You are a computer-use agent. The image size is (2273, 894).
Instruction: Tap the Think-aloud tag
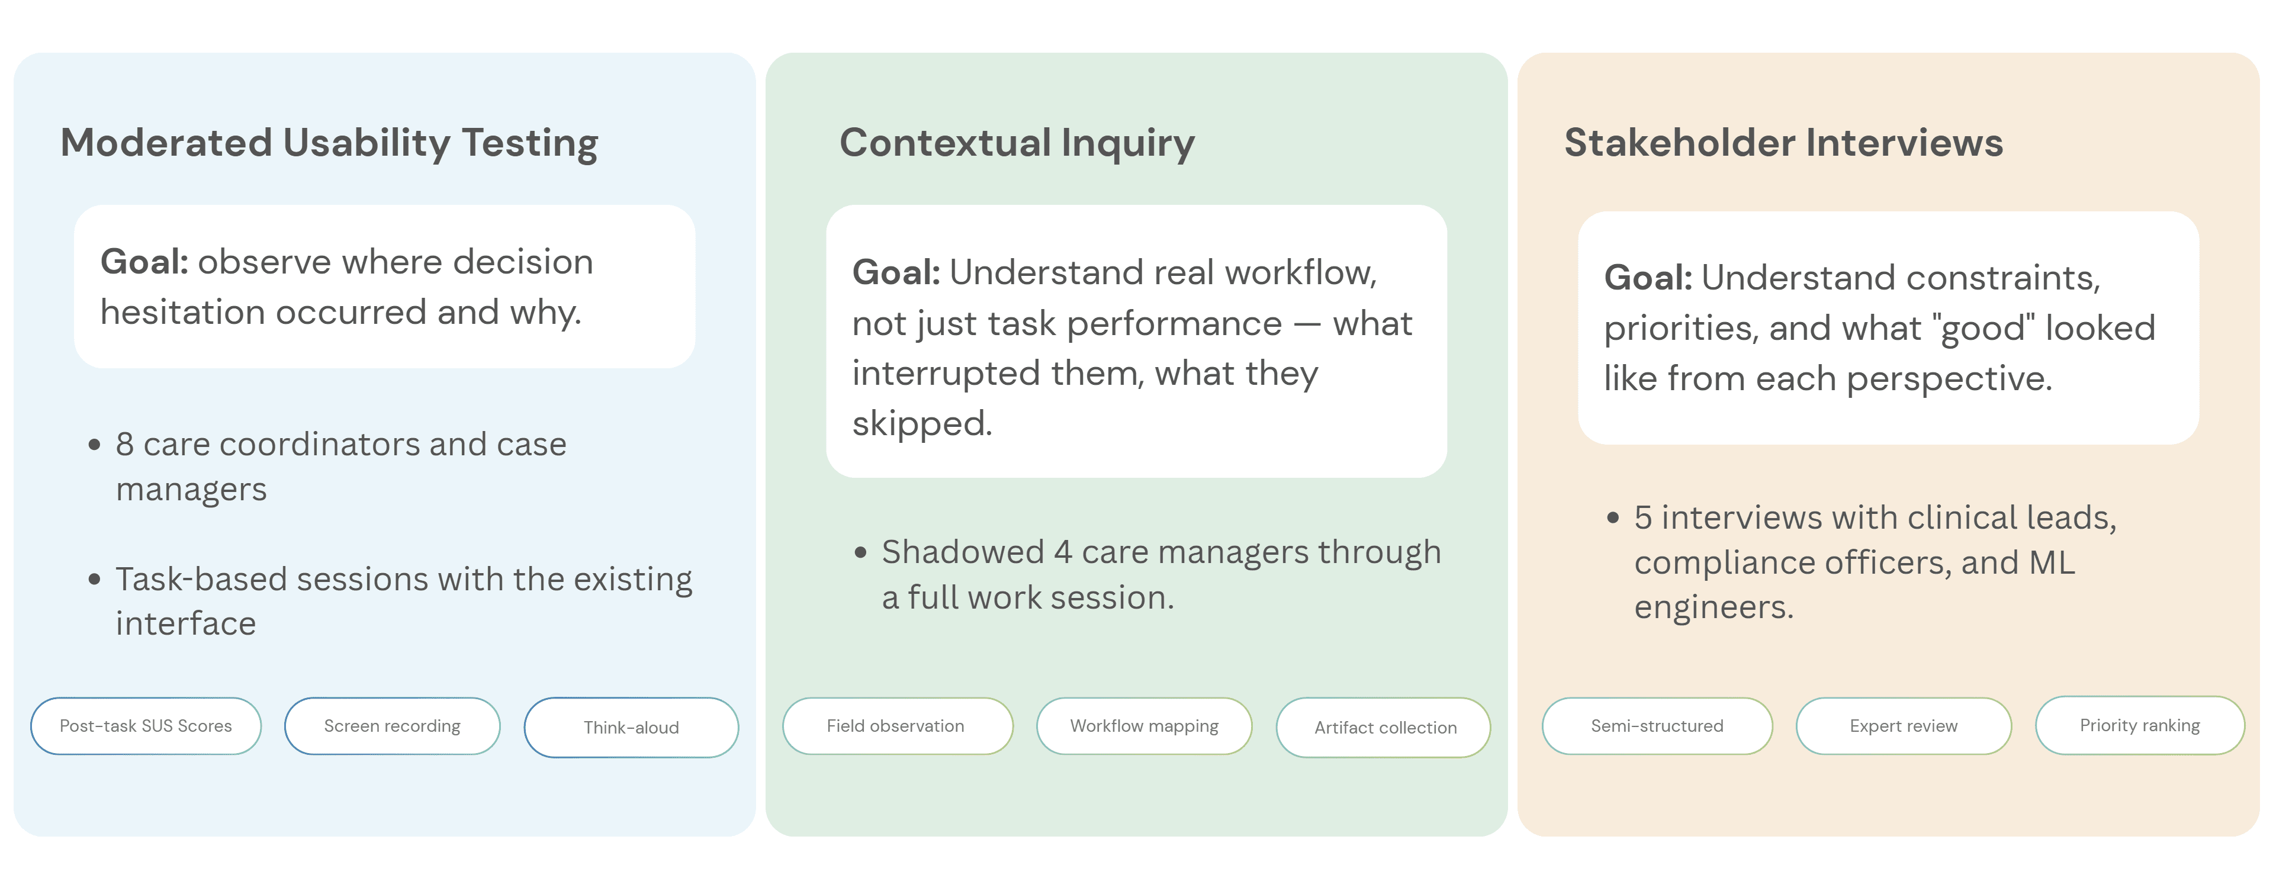[631, 727]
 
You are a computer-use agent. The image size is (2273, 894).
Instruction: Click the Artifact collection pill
[1384, 727]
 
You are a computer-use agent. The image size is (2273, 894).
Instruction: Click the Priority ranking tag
[2140, 725]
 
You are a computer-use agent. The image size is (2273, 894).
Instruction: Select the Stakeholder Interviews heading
[1783, 142]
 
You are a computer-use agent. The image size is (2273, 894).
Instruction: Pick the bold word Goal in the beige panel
[1647, 278]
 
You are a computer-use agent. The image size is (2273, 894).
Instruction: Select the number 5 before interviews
[1643, 518]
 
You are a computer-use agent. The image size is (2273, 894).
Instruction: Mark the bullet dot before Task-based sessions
[94, 579]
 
